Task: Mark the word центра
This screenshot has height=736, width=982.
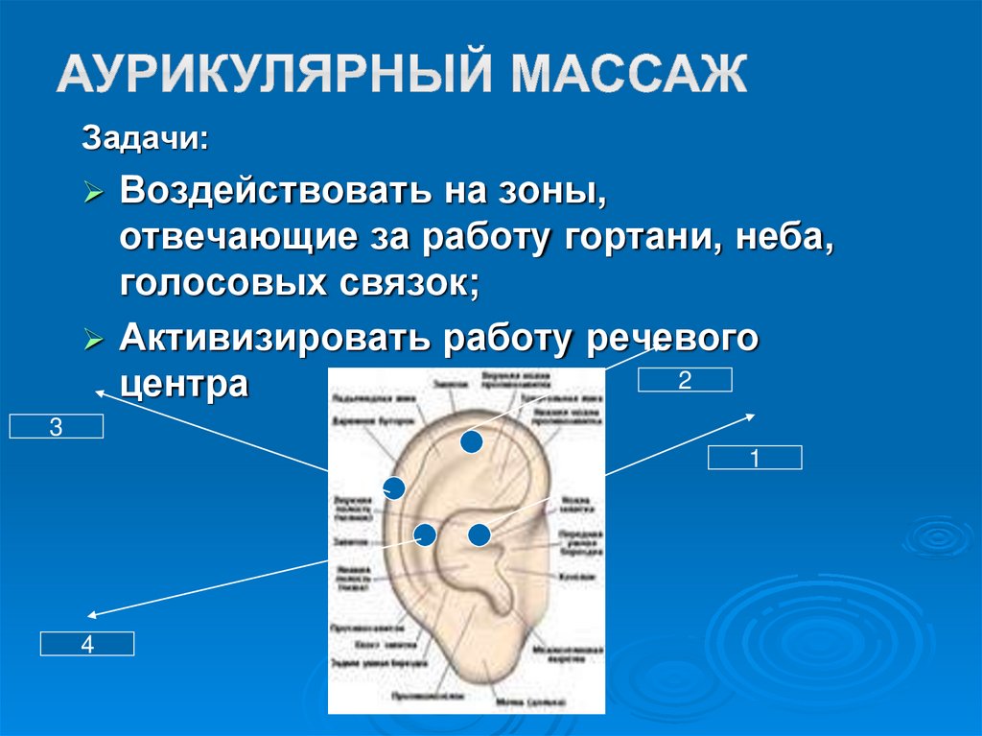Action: click(x=184, y=385)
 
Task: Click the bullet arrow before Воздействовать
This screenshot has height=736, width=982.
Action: click(x=93, y=194)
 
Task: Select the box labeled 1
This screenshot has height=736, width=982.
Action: click(x=755, y=459)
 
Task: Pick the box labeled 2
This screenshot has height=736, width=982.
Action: click(x=685, y=380)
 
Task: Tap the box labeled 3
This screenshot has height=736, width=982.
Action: click(x=56, y=427)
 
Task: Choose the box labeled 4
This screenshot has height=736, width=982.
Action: click(x=86, y=644)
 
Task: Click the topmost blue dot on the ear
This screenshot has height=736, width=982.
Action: click(x=470, y=441)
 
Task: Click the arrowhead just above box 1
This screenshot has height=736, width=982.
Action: click(x=751, y=416)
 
